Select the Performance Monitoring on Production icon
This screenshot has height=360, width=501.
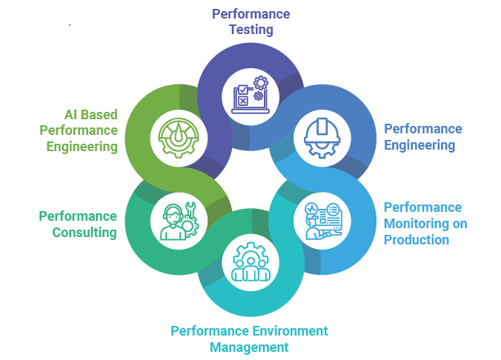324,219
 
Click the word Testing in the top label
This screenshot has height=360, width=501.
250,30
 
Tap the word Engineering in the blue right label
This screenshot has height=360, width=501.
419,145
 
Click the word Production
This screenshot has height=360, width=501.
417,240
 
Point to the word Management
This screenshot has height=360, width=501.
249,347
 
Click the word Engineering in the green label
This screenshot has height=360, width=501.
82,147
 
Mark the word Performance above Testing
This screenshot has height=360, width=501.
250,14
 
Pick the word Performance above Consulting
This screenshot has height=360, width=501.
78,216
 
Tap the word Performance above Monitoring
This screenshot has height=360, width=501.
422,207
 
